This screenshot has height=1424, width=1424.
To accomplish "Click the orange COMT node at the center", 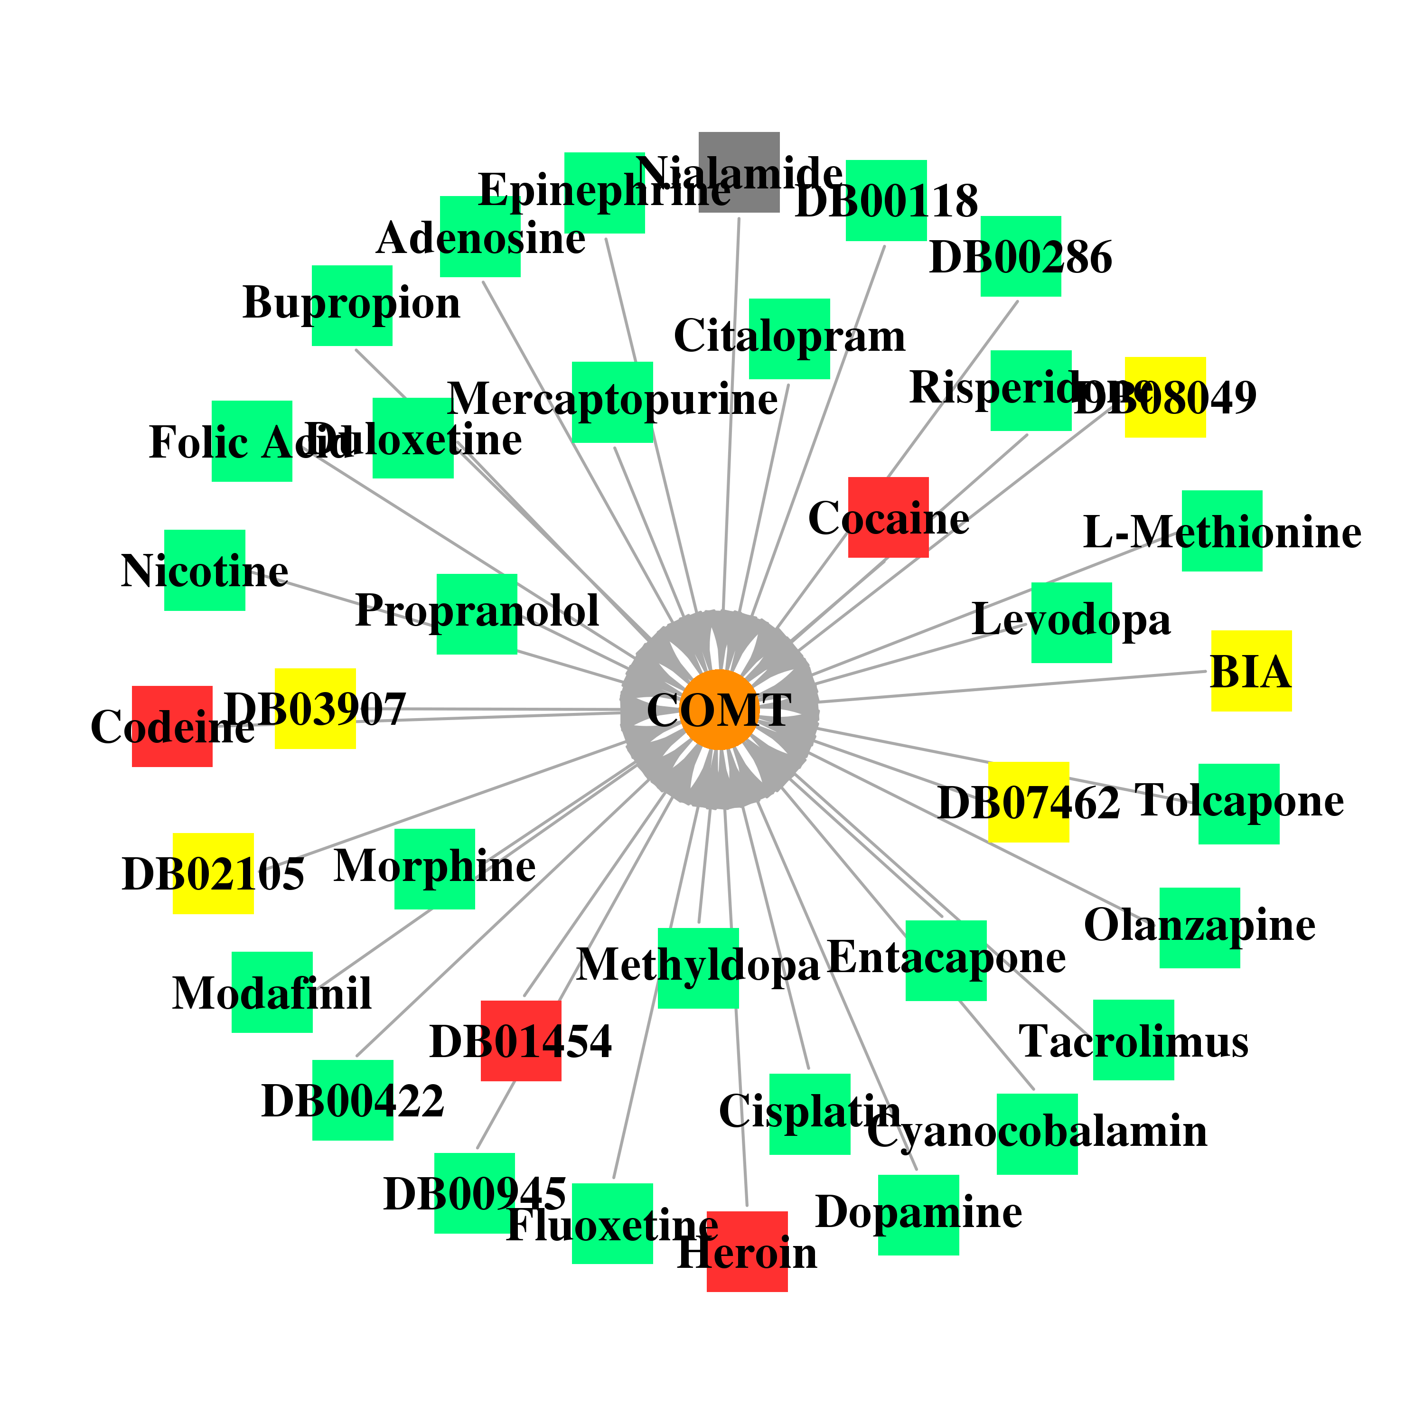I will coord(719,710).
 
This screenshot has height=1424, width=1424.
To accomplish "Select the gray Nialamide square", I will coord(739,172).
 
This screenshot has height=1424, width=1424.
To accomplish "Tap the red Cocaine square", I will coord(888,517).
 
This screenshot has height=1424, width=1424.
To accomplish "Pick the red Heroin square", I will coord(747,1252).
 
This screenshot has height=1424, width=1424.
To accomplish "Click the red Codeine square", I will coord(172,726).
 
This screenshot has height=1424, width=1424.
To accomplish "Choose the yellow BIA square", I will coord(1252,671).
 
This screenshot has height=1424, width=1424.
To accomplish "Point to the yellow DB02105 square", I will coord(213,873).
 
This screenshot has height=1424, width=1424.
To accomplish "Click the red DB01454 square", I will coord(521,1041).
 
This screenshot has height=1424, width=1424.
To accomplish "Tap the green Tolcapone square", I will coord(1239,804).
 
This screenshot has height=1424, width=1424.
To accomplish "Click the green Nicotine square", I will coord(205,570).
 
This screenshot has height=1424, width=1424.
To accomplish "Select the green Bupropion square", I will coord(352,305).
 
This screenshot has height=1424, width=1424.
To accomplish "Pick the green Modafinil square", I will coord(272,992).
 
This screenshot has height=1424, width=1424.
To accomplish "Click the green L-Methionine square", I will coord(1222,531).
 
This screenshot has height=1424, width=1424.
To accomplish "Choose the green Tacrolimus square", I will coord(1134,1040).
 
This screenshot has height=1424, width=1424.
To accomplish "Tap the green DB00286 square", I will coord(1021,256).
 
